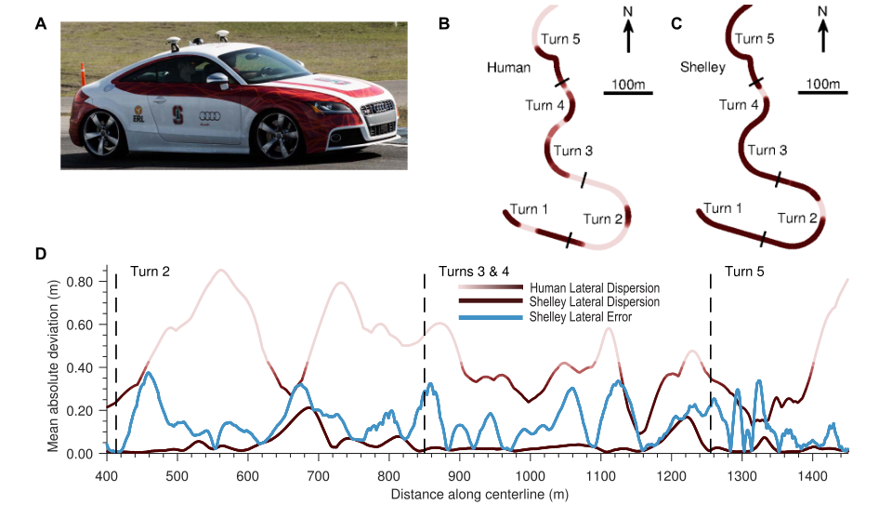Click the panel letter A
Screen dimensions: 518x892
coord(40,25)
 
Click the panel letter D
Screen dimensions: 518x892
coord(40,254)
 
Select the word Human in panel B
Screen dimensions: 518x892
coord(508,68)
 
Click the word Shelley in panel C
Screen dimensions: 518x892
coord(703,68)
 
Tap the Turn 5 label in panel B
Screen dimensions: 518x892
coord(562,40)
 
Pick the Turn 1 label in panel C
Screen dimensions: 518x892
coord(723,208)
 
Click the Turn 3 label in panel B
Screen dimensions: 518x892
coord(573,150)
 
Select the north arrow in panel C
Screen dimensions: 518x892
coord(821,33)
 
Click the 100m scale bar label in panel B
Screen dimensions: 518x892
coord(629,84)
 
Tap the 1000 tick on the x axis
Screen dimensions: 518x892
coord(530,474)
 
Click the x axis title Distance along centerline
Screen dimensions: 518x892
coord(475,494)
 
